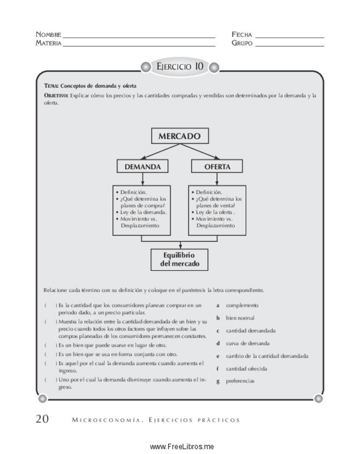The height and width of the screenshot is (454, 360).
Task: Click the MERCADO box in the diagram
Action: click(x=179, y=137)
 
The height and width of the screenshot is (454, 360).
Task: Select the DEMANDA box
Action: click(x=142, y=167)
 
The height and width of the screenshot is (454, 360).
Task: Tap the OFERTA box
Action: click(x=217, y=167)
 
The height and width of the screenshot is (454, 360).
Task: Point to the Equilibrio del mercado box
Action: click(x=179, y=260)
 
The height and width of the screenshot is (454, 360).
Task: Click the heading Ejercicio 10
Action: click(x=179, y=67)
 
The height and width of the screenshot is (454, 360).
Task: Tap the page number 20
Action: click(x=42, y=419)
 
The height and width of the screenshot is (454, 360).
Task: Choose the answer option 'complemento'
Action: click(x=242, y=305)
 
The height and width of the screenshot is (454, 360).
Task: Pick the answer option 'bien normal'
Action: click(x=239, y=318)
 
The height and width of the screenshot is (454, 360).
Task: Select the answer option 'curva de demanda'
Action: click(x=247, y=343)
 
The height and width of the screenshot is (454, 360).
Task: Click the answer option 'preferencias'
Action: click(x=240, y=381)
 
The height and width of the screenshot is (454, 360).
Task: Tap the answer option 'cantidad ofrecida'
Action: click(x=246, y=368)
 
